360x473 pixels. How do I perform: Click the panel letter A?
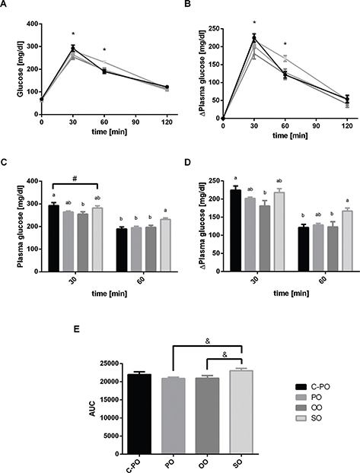(x=5, y=5)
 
